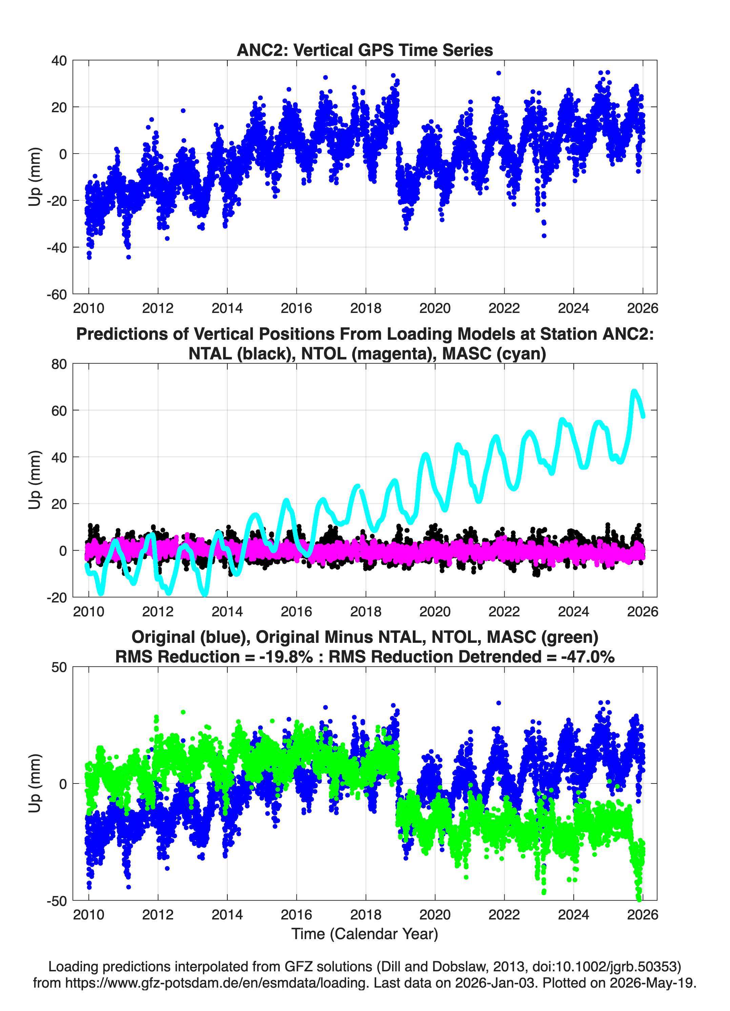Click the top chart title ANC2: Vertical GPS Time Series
point(365,50)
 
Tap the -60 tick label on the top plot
point(57,294)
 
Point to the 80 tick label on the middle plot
point(59,364)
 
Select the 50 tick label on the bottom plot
point(59,667)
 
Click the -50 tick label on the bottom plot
point(57,901)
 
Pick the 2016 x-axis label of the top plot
point(296,308)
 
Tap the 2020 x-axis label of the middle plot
point(435,611)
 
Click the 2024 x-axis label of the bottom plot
point(573,915)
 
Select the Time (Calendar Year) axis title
point(365,933)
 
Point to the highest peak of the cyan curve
point(634,391)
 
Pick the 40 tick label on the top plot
point(59,61)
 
